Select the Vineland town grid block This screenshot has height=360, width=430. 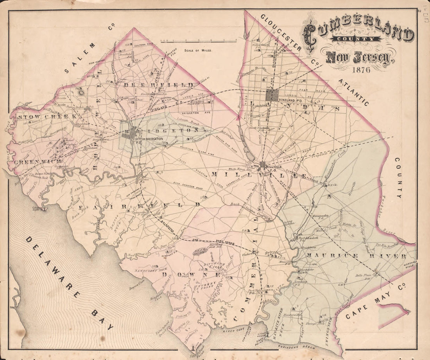pos(272,95)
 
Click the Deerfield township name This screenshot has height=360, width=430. pos(158,85)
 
